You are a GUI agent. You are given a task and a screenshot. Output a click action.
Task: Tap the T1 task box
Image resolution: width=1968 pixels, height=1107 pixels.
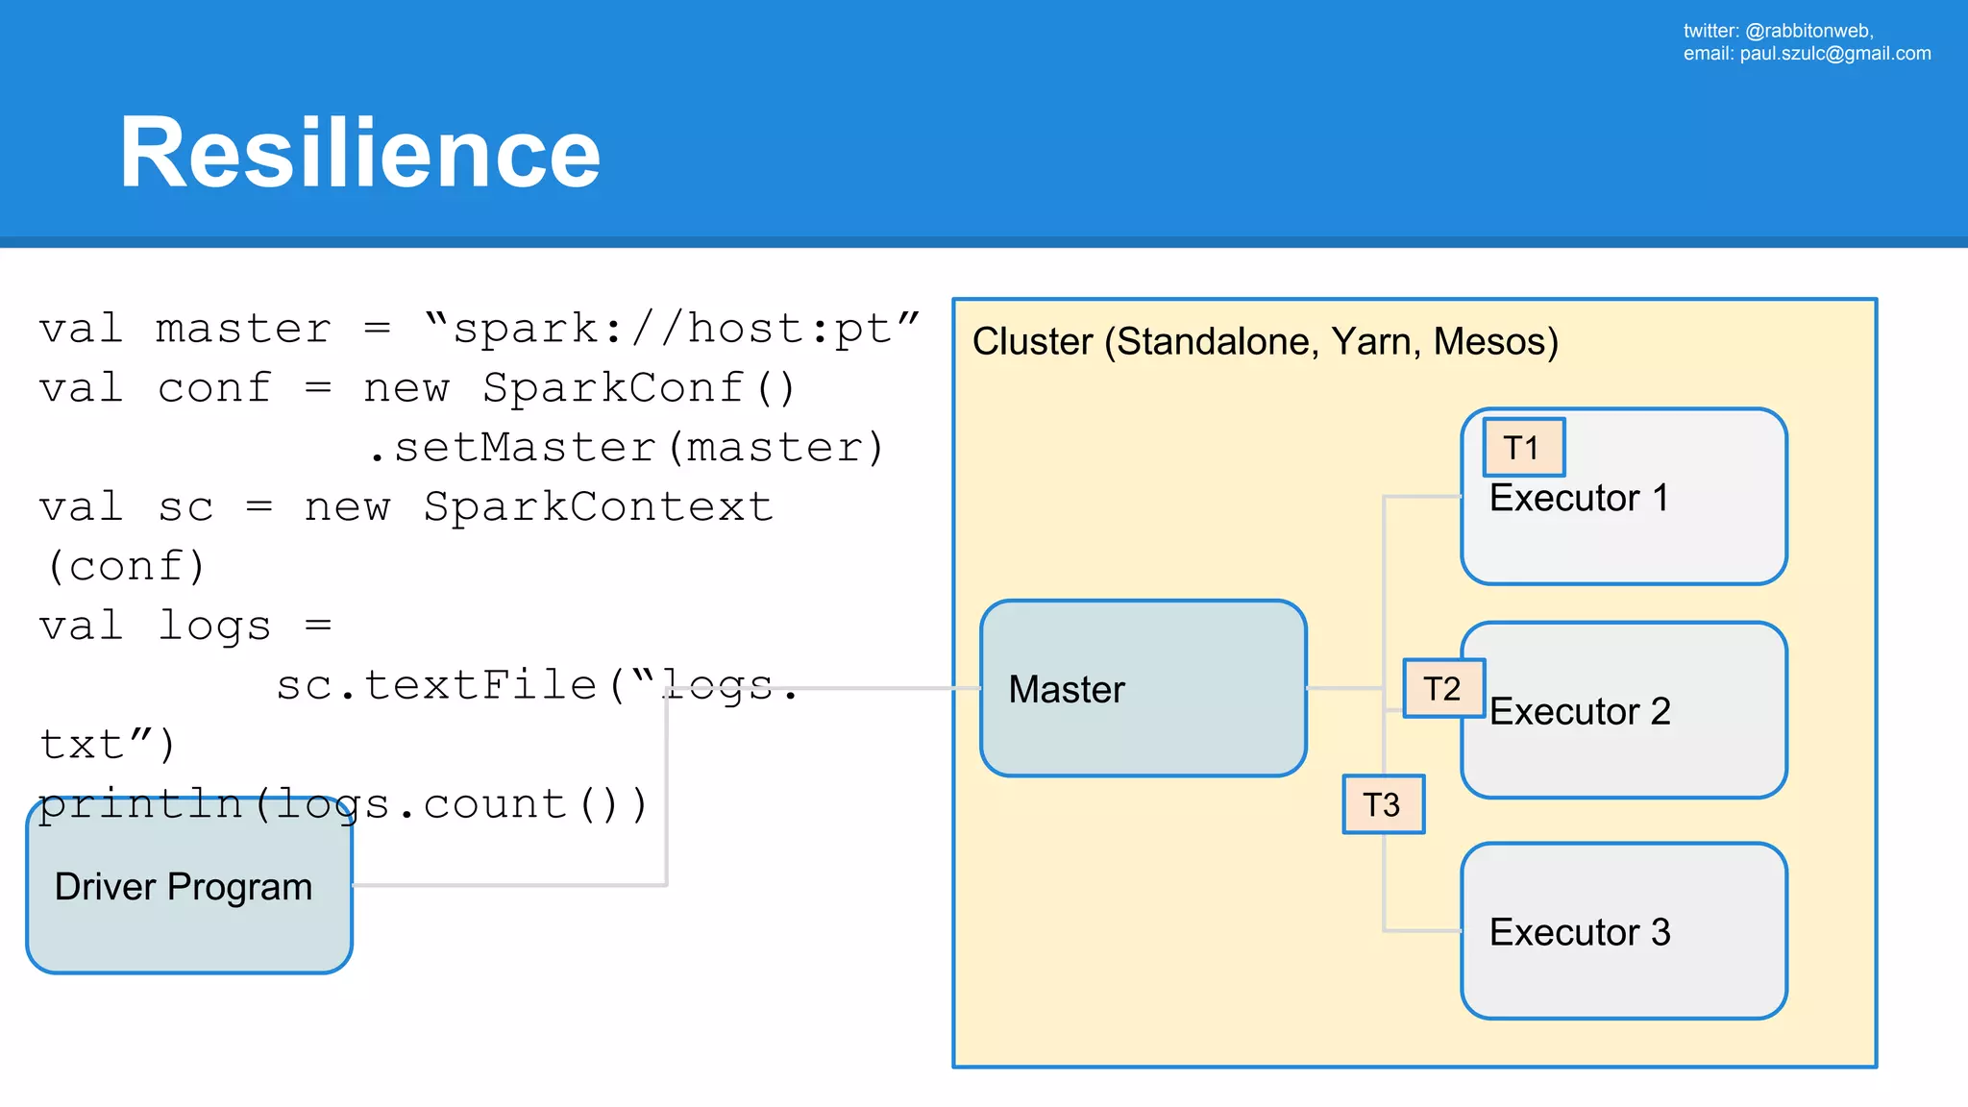pyautogui.click(x=1523, y=448)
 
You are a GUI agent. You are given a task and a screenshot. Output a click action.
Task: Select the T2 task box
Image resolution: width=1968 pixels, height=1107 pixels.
pyautogui.click(x=1443, y=689)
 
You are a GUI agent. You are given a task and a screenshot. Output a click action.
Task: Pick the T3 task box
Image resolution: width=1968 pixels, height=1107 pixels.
pyautogui.click(x=1383, y=805)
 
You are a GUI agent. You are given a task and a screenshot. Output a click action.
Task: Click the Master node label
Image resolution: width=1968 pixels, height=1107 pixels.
pyautogui.click(x=1067, y=690)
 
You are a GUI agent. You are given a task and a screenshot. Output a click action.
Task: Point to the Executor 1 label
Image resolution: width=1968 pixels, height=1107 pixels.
pyautogui.click(x=1579, y=499)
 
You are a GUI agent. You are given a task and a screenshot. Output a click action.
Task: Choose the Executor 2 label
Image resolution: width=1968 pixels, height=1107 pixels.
pyautogui.click(x=1580, y=712)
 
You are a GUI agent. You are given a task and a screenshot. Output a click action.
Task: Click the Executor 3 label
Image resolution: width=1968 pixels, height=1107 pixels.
pyautogui.click(x=1580, y=933)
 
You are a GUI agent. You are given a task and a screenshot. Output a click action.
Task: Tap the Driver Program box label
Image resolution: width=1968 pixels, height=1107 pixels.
pyautogui.click(x=184, y=887)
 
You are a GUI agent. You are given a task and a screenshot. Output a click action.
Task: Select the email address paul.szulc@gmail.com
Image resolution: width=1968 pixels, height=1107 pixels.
pyautogui.click(x=1834, y=54)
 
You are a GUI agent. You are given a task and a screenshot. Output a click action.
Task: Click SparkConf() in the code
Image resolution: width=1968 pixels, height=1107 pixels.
pyautogui.click(x=639, y=389)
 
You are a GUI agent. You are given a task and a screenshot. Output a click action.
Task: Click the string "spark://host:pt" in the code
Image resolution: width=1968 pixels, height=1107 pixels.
pyautogui.click(x=672, y=330)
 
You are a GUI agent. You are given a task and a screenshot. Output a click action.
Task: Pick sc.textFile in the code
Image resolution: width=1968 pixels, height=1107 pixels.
pyautogui.click(x=437, y=686)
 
